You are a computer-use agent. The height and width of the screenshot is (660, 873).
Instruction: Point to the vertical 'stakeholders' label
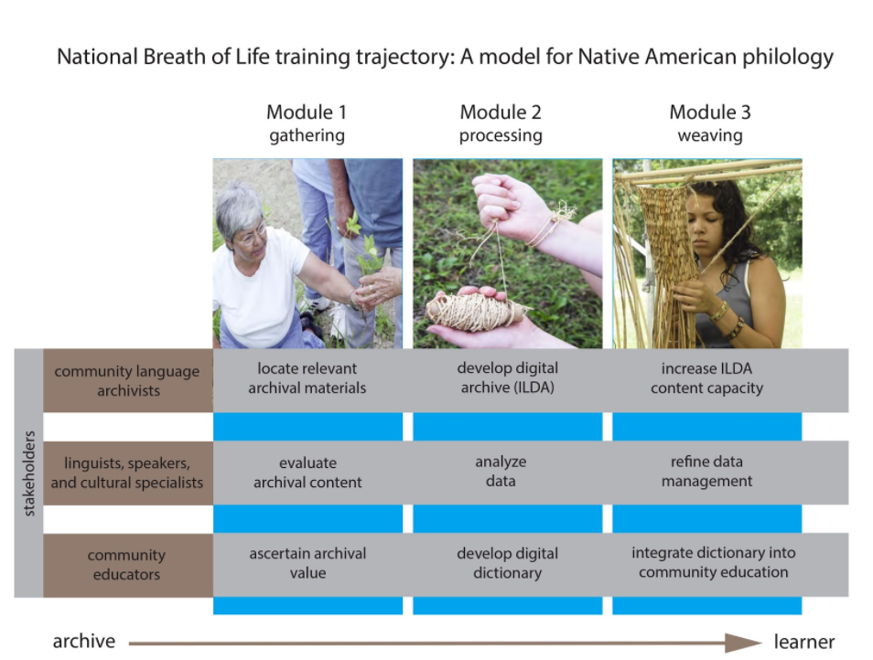point(29,474)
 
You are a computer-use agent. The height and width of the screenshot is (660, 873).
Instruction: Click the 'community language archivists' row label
point(127,381)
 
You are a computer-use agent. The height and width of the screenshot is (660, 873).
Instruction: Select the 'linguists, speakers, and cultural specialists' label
point(127,473)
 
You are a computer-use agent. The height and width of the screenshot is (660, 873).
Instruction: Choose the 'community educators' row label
point(126,564)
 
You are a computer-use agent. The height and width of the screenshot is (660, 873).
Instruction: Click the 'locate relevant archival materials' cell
point(307,378)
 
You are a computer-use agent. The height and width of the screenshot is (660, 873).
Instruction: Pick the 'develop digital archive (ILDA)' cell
point(507,378)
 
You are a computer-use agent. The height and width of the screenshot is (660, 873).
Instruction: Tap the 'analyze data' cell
point(501,471)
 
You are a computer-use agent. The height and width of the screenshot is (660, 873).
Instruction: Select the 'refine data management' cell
point(706,471)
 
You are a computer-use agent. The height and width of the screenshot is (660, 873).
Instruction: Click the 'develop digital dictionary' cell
point(507,563)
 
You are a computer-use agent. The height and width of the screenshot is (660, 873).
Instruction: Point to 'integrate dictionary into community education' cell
point(713,562)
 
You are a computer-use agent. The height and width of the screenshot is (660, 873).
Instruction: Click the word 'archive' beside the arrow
point(84,641)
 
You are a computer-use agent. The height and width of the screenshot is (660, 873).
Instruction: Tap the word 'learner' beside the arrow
point(804,642)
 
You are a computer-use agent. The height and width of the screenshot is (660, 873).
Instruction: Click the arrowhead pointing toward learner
point(743,643)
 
